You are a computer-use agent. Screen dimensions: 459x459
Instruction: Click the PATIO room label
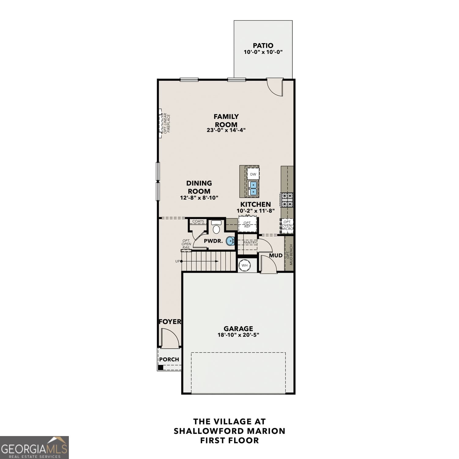(x=263, y=46)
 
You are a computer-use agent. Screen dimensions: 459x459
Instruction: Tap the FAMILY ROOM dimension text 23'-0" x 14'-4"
(x=226, y=130)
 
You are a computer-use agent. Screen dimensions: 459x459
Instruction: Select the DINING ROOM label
(x=199, y=187)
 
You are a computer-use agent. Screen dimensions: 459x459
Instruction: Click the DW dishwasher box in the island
(x=253, y=174)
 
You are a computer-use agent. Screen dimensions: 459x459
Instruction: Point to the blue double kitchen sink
(x=253, y=188)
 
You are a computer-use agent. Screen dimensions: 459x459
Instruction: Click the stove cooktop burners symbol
(x=287, y=200)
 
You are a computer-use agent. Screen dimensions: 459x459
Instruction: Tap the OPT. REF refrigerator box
(x=247, y=224)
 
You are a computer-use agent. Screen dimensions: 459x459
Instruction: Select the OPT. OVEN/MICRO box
(x=287, y=225)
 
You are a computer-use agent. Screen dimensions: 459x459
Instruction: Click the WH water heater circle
(x=244, y=265)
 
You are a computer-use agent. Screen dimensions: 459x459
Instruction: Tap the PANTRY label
(x=250, y=242)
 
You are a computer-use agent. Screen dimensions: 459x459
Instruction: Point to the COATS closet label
(x=198, y=221)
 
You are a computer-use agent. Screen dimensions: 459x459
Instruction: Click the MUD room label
(x=276, y=256)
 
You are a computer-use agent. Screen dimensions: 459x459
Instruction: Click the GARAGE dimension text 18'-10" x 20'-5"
(x=238, y=335)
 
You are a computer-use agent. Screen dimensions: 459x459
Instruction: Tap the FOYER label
(x=170, y=322)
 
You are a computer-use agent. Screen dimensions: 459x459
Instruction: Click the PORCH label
(x=169, y=359)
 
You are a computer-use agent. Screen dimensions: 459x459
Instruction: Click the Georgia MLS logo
(x=34, y=447)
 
